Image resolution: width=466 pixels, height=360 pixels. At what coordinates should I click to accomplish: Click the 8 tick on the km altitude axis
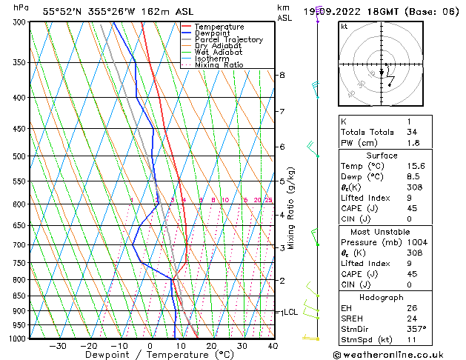[x=282, y=75]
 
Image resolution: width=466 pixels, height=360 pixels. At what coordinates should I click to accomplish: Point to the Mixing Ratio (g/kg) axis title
[x=292, y=208]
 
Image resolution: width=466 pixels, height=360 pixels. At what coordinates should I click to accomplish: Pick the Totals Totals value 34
[x=411, y=132]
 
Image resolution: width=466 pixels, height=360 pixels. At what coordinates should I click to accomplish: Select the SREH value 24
[x=411, y=319]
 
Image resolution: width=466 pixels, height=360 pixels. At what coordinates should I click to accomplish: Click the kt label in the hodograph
[x=344, y=26]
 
